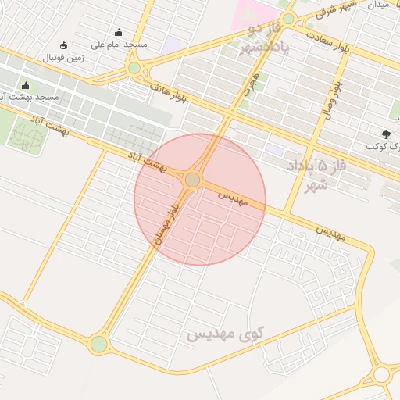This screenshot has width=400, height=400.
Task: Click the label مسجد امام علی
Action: click(120, 45)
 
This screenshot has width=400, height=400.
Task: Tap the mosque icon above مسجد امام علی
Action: click(119, 33)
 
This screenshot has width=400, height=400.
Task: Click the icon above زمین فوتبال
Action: click(63, 45)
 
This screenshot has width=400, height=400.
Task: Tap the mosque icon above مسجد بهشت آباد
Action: click(26, 86)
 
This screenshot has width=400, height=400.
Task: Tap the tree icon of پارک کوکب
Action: click(386, 134)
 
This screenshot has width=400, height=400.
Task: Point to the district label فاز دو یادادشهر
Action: click(259, 39)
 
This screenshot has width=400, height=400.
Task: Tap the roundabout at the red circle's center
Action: click(192, 180)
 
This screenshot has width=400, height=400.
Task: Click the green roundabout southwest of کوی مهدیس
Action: click(98, 344)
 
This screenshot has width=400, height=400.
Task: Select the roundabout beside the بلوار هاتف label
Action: click(134, 68)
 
